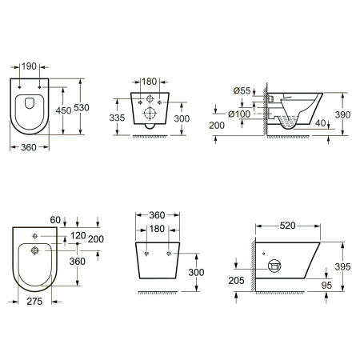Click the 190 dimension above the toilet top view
click(x=29, y=66)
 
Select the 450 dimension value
click(x=63, y=110)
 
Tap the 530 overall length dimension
click(x=82, y=108)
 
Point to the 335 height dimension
click(x=117, y=118)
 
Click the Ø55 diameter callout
click(x=242, y=90)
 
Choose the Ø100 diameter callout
click(x=239, y=114)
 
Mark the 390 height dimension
click(x=342, y=114)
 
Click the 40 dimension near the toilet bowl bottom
click(x=320, y=123)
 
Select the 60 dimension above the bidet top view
click(x=55, y=220)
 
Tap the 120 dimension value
click(x=78, y=235)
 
